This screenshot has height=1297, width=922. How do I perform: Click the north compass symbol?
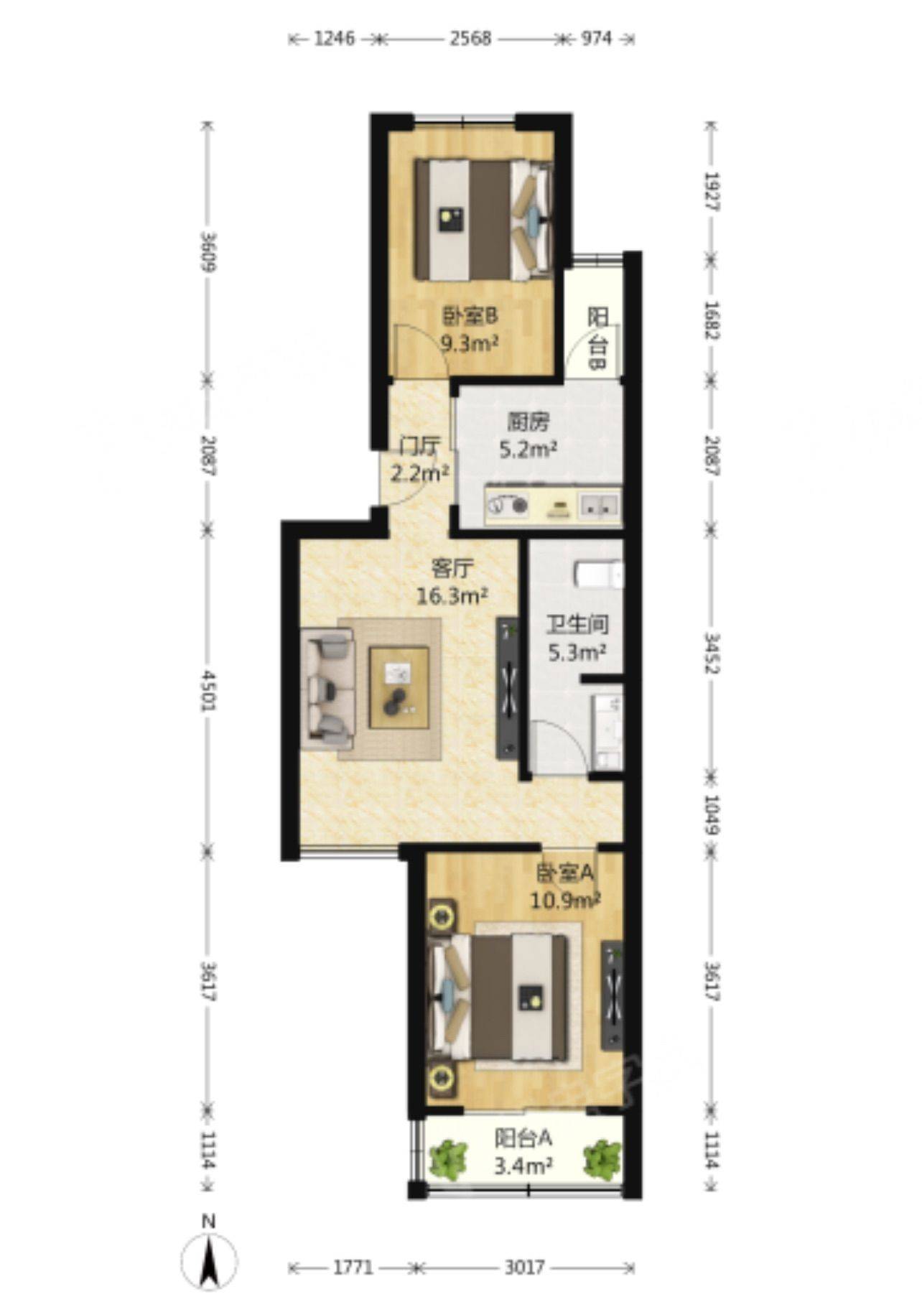[209, 1260]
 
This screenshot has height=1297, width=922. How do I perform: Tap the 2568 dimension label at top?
[470, 39]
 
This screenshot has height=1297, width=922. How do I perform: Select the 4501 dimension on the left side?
[208, 691]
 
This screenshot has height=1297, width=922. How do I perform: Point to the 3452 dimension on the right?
[712, 653]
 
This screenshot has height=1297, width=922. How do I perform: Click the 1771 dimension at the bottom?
[353, 1268]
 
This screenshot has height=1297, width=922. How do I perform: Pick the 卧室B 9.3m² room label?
[470, 329]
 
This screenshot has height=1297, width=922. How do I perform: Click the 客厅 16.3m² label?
[452, 582]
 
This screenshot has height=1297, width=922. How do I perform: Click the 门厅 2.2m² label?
[420, 460]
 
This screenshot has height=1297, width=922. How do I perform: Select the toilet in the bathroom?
[599, 575]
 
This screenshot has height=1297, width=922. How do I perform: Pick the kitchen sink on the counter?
[598, 505]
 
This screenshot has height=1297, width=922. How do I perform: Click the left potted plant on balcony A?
[447, 1159]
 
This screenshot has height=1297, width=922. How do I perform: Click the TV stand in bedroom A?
[612, 995]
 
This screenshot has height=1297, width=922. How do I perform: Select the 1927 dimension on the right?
[712, 190]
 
